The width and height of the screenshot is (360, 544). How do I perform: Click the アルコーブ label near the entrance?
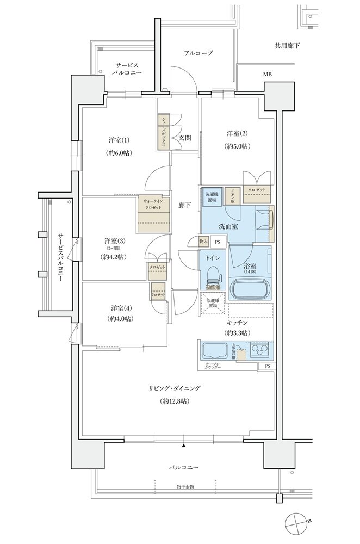pos(198,53)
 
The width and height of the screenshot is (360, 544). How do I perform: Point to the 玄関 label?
pos(184,138)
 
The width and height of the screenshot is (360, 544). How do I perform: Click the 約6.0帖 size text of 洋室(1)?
pos(119,153)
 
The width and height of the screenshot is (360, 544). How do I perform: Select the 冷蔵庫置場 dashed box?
pos(212,306)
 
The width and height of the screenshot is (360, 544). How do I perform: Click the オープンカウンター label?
pos(213,366)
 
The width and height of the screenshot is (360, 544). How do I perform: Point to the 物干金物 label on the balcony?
pos(185,486)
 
